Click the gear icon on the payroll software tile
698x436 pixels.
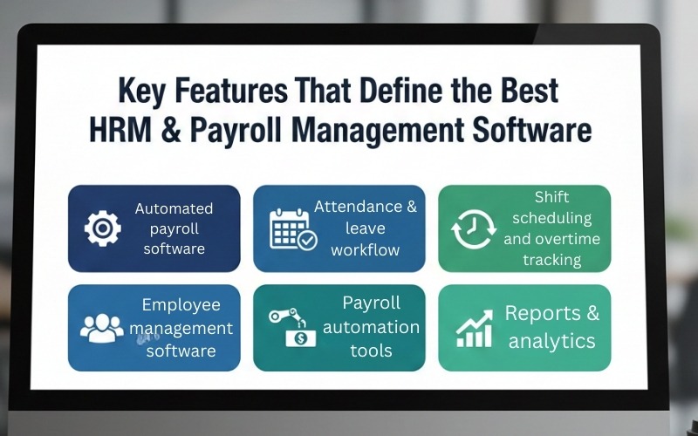103,228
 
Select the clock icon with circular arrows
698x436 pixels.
473,229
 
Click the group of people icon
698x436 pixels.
102,328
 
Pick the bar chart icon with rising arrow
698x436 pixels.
476,328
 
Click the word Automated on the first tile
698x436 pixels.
174,208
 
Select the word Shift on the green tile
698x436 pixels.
551,197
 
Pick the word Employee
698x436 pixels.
181,305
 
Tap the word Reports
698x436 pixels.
543,313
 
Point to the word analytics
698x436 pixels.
551,340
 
